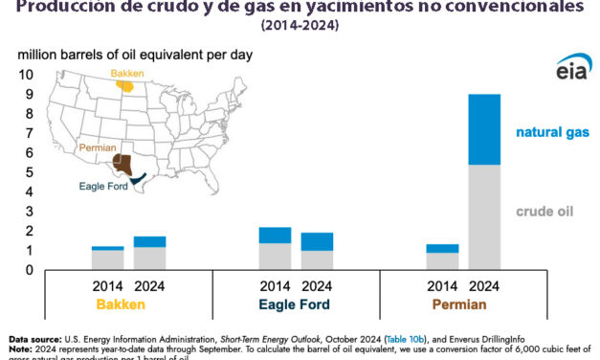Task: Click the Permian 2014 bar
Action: [441, 258]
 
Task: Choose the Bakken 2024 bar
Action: [150, 254]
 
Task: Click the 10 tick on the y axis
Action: [26, 74]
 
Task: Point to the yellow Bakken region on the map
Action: [125, 84]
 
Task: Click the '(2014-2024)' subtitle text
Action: [299, 26]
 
